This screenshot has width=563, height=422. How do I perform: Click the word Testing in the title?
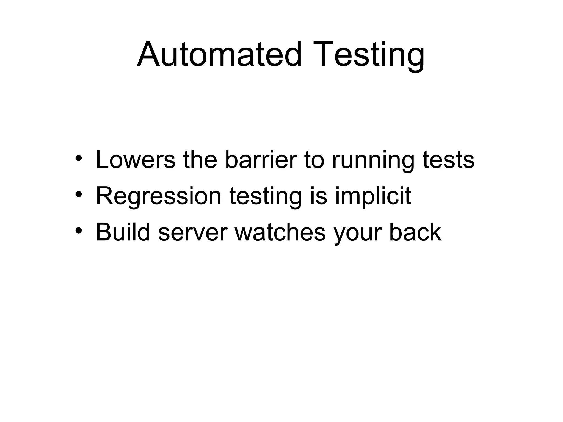point(368,55)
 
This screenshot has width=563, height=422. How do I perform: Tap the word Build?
point(123,232)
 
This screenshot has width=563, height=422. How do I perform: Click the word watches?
point(280,232)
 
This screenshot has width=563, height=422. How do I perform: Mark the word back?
point(415,232)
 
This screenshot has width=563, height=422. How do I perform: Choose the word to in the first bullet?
point(314,160)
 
